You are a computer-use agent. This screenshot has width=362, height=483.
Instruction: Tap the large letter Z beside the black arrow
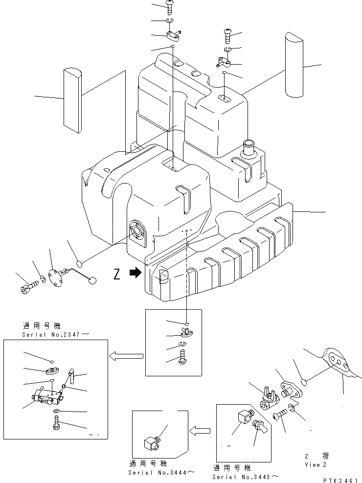click(116, 275)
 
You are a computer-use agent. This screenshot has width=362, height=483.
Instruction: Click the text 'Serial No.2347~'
click(55, 335)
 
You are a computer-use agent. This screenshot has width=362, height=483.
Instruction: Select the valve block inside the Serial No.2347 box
click(48, 395)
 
